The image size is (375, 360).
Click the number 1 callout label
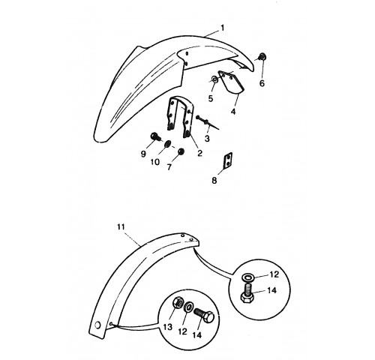tap(222, 28)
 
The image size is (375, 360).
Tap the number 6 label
tap(262, 83)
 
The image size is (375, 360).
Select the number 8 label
tap(214, 180)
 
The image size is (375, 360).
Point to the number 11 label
tap(121, 227)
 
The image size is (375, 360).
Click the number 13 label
tap(168, 327)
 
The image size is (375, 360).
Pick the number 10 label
tap(155, 162)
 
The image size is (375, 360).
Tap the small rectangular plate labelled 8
tap(228, 160)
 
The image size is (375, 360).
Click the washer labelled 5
tap(214, 79)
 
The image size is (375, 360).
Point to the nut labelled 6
tap(262, 56)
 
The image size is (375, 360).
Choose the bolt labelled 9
tap(154, 136)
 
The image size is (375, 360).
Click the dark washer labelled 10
tap(167, 144)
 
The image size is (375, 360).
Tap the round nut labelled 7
tap(181, 151)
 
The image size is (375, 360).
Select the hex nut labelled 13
tap(177, 303)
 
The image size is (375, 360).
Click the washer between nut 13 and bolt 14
tap(188, 306)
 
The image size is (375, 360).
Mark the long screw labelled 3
tap(208, 122)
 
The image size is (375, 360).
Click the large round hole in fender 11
tap(97, 325)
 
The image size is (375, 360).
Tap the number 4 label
tap(233, 112)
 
